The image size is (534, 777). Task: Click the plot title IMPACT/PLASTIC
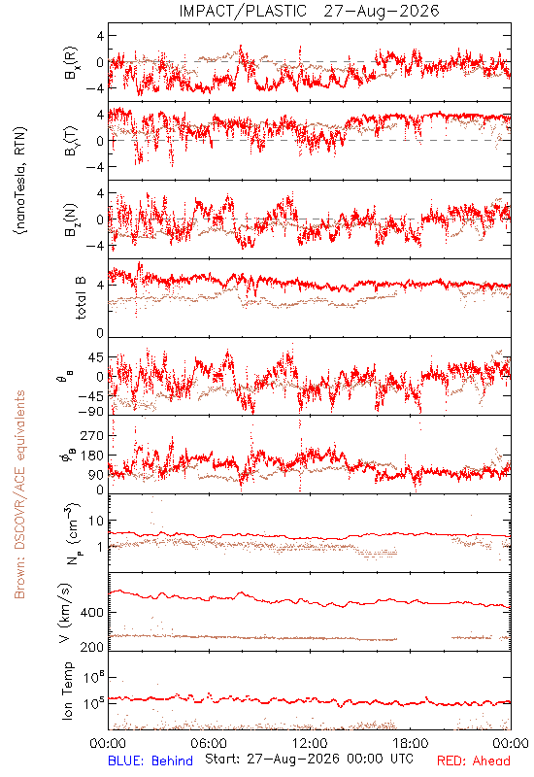(243, 11)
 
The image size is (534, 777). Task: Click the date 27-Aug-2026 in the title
(382, 11)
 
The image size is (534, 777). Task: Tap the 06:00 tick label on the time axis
(209, 743)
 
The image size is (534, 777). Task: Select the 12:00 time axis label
(310, 743)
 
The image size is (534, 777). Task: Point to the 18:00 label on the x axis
(411, 743)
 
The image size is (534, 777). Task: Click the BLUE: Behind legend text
(150, 760)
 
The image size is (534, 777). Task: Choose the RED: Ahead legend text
(474, 760)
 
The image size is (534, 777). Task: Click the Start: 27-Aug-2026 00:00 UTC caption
(309, 759)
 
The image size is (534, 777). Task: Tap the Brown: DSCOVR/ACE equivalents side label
(19, 494)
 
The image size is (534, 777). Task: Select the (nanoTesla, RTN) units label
(20, 180)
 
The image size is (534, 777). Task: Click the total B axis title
(81, 298)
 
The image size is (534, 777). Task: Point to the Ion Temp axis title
(67, 691)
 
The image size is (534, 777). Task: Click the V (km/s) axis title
(65, 613)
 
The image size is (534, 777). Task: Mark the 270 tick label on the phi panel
(92, 435)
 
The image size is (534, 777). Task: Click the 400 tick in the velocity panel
(92, 613)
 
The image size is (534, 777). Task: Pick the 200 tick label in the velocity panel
(92, 647)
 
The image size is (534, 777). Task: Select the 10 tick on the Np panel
(96, 521)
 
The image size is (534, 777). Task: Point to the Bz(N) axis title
(71, 220)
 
